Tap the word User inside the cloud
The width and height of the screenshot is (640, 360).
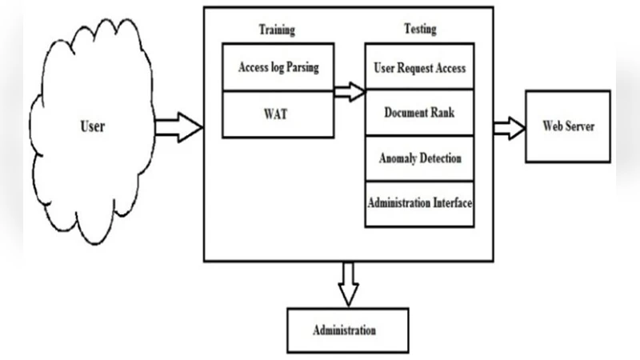pyautogui.click(x=93, y=126)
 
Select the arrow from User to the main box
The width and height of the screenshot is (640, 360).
pyautogui.click(x=178, y=126)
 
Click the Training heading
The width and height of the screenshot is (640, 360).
pyautogui.click(x=277, y=30)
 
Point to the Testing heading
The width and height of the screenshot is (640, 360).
pyautogui.click(x=420, y=30)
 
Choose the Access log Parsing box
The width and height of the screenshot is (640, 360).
pyautogui.click(x=278, y=68)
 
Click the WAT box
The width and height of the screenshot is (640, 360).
pyautogui.click(x=278, y=114)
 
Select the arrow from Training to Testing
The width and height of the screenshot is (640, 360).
pyautogui.click(x=349, y=90)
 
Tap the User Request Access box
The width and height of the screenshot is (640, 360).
pyautogui.click(x=420, y=68)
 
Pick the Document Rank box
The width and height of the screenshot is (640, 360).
pyautogui.click(x=420, y=113)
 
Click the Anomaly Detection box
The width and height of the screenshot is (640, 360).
pyautogui.click(x=420, y=158)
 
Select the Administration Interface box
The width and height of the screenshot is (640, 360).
pyautogui.click(x=420, y=204)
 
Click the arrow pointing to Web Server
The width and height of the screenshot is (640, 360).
pyautogui.click(x=507, y=126)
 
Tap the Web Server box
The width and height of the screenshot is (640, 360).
pyautogui.click(x=567, y=126)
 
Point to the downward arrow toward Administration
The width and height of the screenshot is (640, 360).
pyautogui.click(x=346, y=282)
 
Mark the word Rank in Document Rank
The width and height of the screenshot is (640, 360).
pyautogui.click(x=442, y=113)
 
